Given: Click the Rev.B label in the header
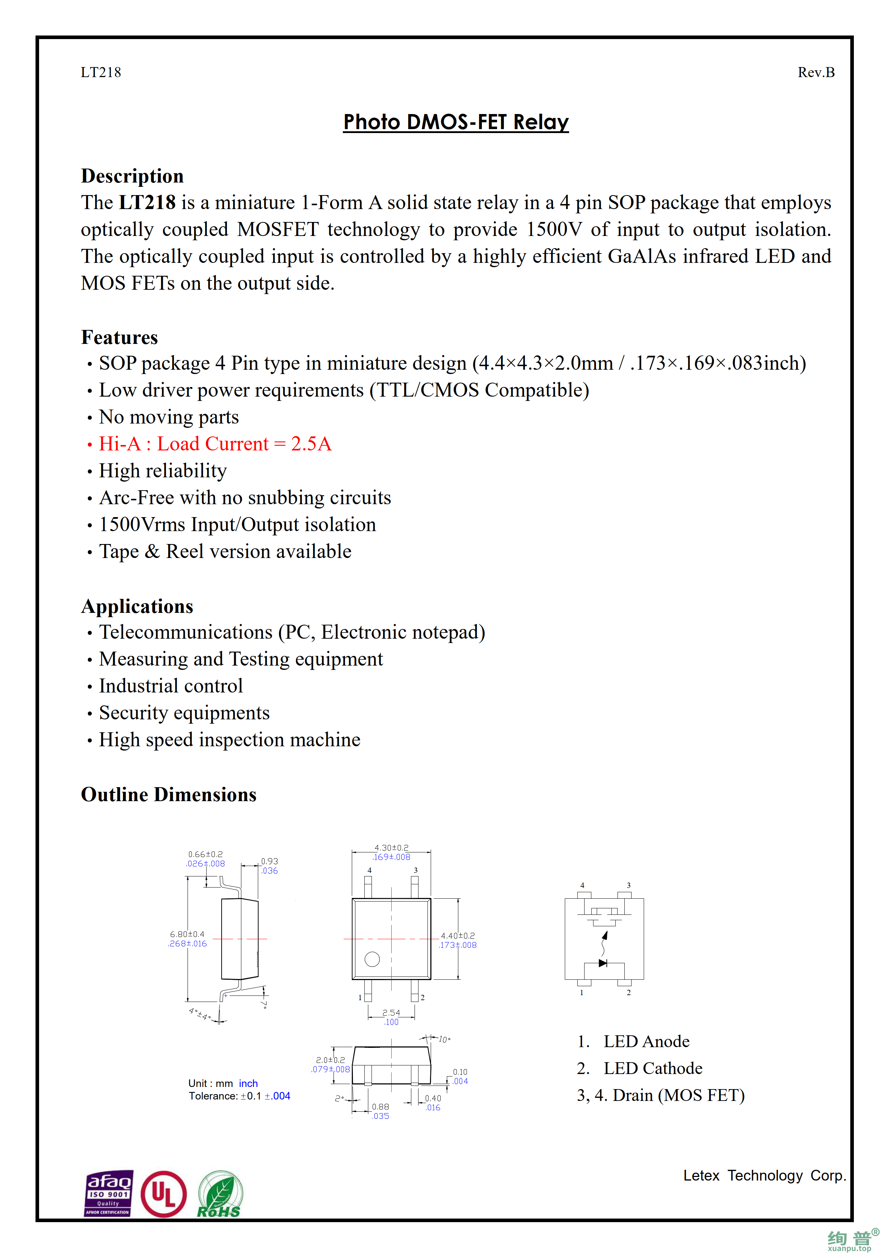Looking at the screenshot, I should [815, 72].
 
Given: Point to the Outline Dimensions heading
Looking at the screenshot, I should [169, 794].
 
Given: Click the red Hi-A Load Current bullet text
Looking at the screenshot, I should [215, 444].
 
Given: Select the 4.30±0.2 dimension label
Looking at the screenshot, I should [391, 848].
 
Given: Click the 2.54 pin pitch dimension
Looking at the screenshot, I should [391, 1013].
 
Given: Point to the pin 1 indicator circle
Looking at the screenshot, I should [372, 959].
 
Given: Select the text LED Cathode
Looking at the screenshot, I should [652, 1068].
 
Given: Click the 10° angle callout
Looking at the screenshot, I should [444, 1039].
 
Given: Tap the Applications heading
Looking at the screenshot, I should [137, 606].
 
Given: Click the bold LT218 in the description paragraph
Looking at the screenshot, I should [147, 203].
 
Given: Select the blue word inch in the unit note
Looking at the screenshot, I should [248, 1083].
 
